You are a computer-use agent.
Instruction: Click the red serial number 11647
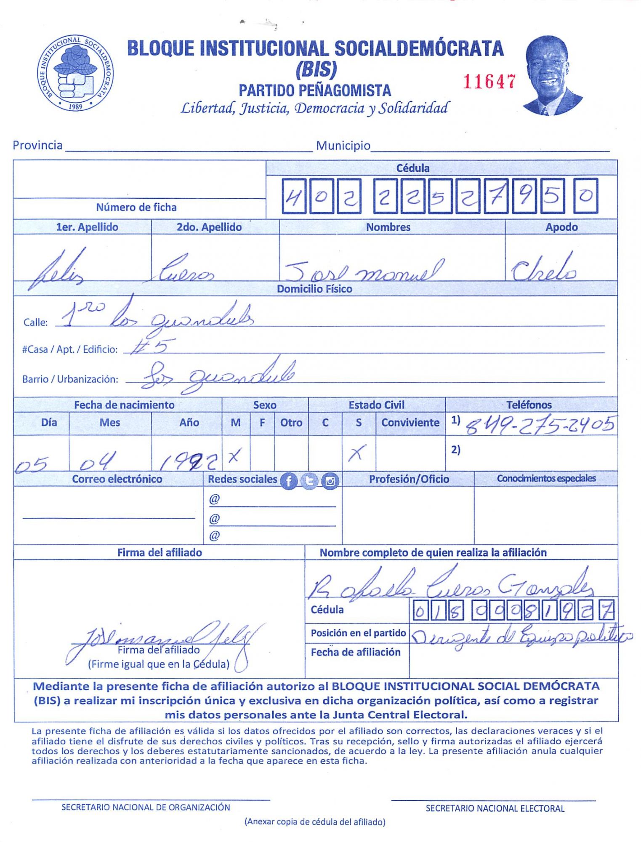489,82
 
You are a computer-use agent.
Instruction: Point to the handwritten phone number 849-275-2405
540,426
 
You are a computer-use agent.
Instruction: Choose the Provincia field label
37,145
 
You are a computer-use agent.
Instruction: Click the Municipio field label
343,146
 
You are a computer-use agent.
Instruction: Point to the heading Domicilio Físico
314,289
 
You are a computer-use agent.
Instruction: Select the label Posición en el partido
358,633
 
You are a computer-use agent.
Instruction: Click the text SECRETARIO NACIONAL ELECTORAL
495,808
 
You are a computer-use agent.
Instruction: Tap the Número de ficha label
136,207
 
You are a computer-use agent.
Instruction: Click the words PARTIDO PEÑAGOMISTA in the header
315,91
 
